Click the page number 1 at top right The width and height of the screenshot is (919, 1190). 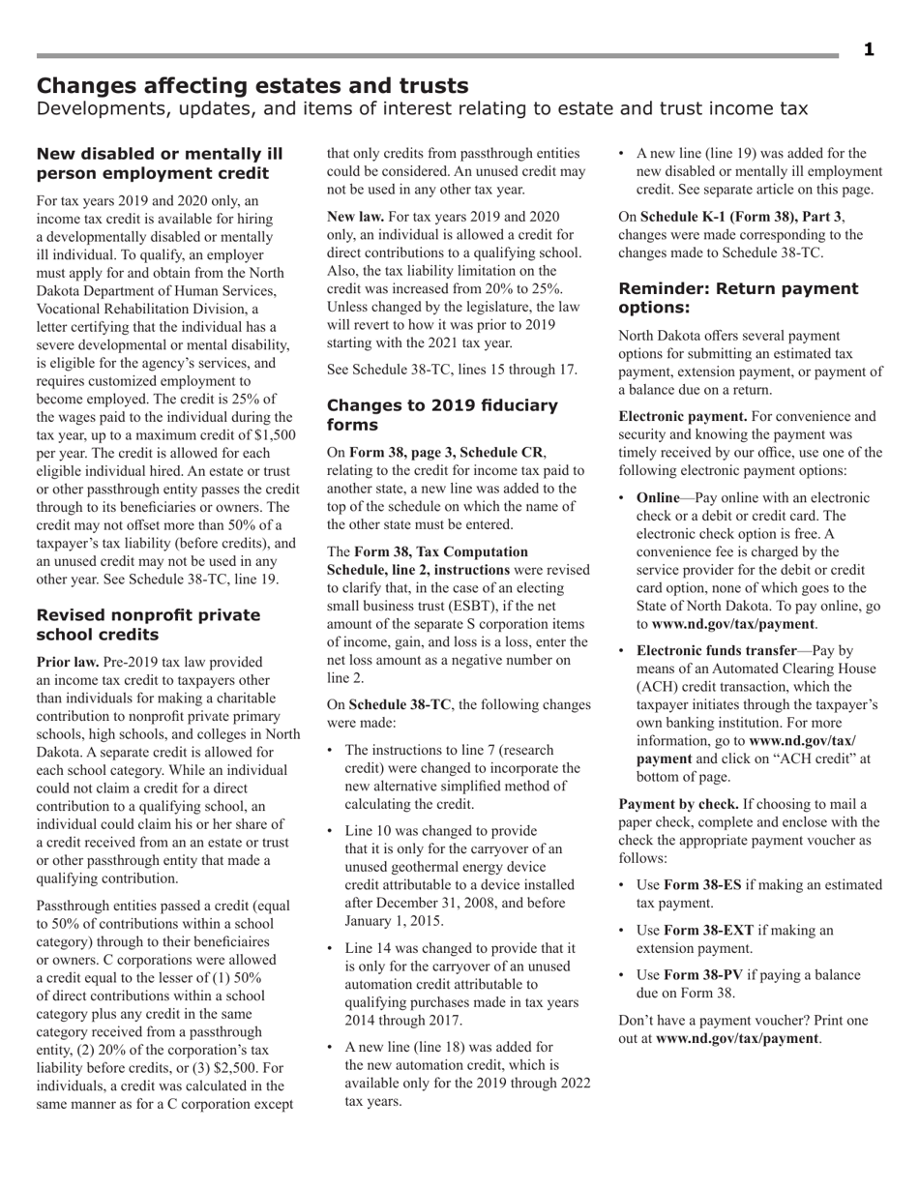tap(868, 50)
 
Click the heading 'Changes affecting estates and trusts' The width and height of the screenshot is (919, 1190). tap(252, 86)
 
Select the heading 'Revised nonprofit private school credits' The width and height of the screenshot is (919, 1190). tap(148, 625)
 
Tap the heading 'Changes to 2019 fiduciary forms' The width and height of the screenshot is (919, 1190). tap(442, 415)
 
